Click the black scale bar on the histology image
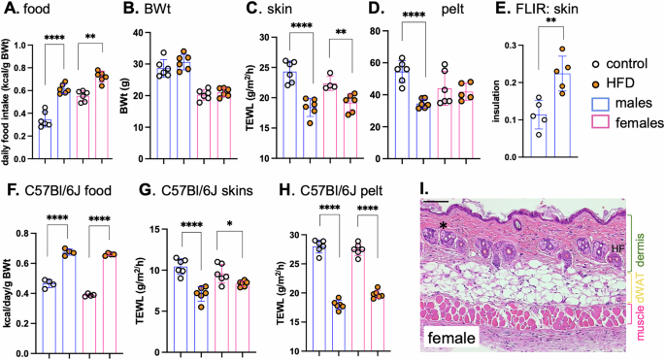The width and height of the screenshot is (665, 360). tap(434, 203)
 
